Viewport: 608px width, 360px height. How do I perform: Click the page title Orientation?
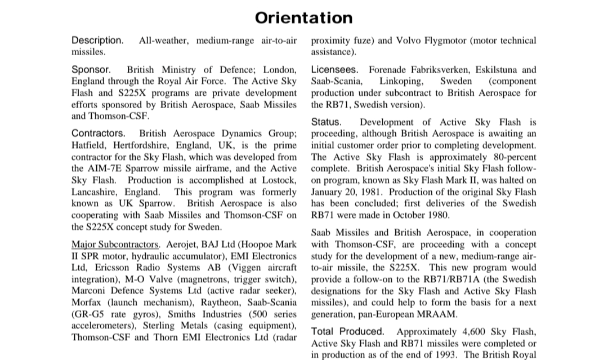coord(303,18)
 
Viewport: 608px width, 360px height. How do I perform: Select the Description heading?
coord(97,41)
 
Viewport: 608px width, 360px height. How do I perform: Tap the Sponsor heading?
coord(91,70)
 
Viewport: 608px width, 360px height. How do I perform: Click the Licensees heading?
coord(334,70)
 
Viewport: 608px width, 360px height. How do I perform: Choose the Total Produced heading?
coord(348,331)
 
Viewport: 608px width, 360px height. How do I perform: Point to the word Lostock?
coord(276,180)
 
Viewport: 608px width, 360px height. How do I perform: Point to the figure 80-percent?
coord(506,157)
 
